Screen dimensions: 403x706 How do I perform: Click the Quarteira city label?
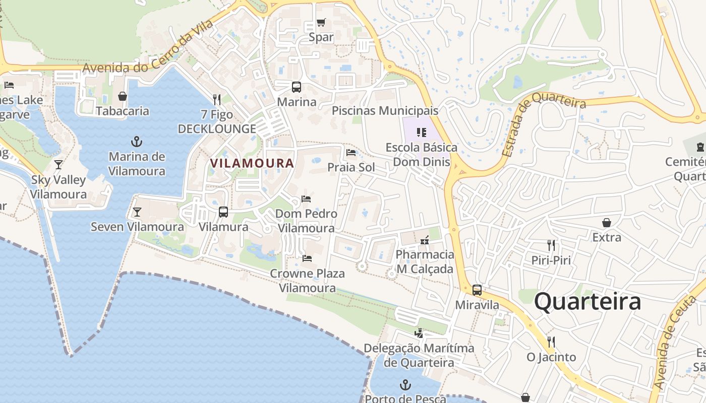coord(587,302)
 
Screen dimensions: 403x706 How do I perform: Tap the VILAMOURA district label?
coord(252,163)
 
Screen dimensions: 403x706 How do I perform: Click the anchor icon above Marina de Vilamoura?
coord(137,142)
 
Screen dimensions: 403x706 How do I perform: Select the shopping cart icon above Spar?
coord(321,23)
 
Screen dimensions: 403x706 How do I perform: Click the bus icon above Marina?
coord(296,87)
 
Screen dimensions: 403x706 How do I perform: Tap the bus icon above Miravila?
coord(477,290)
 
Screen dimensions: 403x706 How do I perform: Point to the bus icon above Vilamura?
coord(223,212)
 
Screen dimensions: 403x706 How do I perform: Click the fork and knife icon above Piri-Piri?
coord(551,245)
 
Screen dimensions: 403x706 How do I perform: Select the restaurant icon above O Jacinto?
coord(551,342)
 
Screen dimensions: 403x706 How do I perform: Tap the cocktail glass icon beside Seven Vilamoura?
coord(137,212)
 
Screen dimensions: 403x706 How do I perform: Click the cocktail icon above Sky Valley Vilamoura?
coord(58,165)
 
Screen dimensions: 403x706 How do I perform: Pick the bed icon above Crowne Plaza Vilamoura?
coord(307,258)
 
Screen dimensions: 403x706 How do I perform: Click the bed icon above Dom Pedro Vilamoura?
coord(306,199)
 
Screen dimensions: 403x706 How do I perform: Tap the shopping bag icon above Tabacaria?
coord(123,96)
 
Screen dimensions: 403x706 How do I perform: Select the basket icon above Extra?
coord(607,222)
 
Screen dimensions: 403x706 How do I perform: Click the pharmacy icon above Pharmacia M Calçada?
coord(425,240)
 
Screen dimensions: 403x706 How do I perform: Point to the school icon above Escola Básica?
coord(422,132)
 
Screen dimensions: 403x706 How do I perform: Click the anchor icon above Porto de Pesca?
coord(405,385)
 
